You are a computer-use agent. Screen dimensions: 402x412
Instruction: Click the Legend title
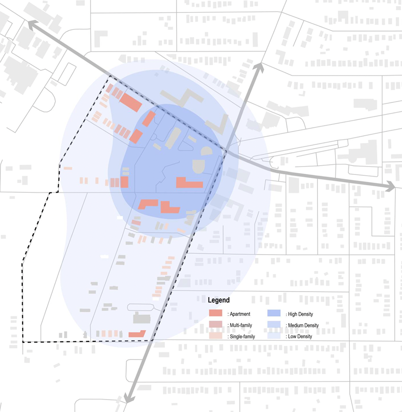[x=219, y=300]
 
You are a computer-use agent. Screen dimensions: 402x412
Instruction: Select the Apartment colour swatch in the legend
[x=216, y=314]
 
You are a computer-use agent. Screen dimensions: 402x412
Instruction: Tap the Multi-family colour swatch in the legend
[x=216, y=325]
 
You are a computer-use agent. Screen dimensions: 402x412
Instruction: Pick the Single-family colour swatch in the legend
[x=216, y=337]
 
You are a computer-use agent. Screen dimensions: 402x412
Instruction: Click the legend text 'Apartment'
[x=239, y=314]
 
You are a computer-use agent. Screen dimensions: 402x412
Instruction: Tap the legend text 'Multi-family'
[x=241, y=326]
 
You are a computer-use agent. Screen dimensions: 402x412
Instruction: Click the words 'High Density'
[x=300, y=314]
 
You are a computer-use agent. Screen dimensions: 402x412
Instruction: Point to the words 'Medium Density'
[x=303, y=326]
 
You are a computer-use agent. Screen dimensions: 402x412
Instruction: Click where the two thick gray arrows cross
[x=226, y=150]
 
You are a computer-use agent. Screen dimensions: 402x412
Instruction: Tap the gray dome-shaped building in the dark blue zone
[x=199, y=166]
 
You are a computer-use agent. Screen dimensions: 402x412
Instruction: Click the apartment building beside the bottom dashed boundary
[x=137, y=334]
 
